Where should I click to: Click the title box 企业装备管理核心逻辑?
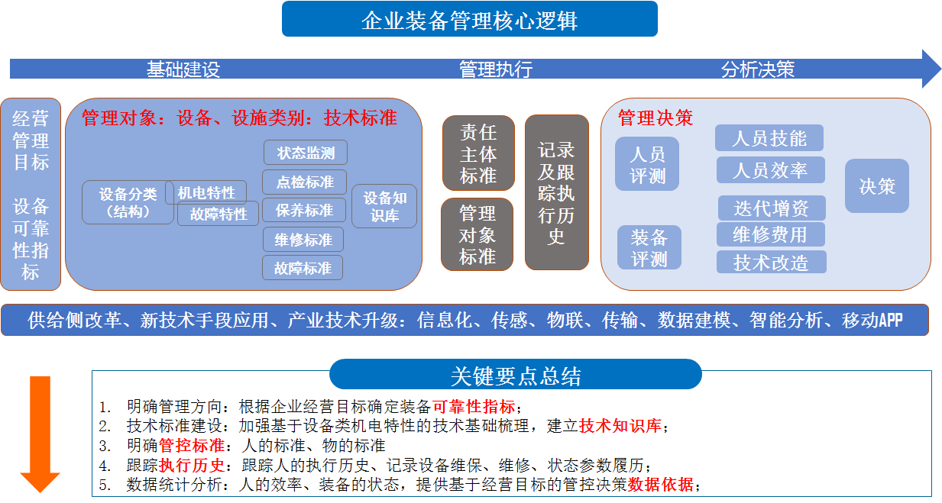[469, 19]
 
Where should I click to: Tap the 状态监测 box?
[306, 152]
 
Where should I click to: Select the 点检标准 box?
[305, 182]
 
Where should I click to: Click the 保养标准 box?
[304, 210]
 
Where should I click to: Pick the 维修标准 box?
[303, 240]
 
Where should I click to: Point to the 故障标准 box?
[303, 268]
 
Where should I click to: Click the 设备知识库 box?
[384, 206]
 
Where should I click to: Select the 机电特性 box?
[206, 193]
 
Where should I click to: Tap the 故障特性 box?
[219, 214]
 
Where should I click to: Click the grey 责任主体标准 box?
[478, 153]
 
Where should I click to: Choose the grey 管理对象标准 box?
[477, 234]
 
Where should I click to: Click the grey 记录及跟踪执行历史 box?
[557, 192]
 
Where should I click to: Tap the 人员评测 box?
[647, 164]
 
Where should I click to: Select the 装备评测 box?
[649, 247]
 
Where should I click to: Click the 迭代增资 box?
[772, 208]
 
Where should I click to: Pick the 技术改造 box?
[772, 263]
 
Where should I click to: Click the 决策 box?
[877, 185]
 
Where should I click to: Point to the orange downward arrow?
[40, 434]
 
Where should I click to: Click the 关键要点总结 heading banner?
[516, 375]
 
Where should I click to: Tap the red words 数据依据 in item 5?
[660, 485]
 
